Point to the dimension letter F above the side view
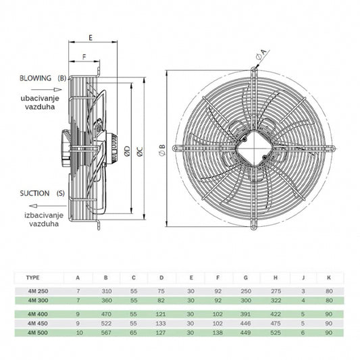tap(84, 57)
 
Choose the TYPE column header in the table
tap(33, 277)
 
